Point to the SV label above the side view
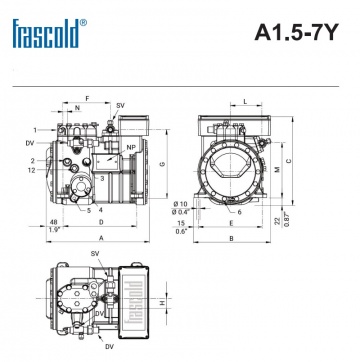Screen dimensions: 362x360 121,105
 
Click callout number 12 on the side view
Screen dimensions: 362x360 33,170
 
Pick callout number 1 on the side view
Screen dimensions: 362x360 34,129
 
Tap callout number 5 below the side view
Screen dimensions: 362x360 88,210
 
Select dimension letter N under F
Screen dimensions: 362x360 77,105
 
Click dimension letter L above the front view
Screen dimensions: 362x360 245,102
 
